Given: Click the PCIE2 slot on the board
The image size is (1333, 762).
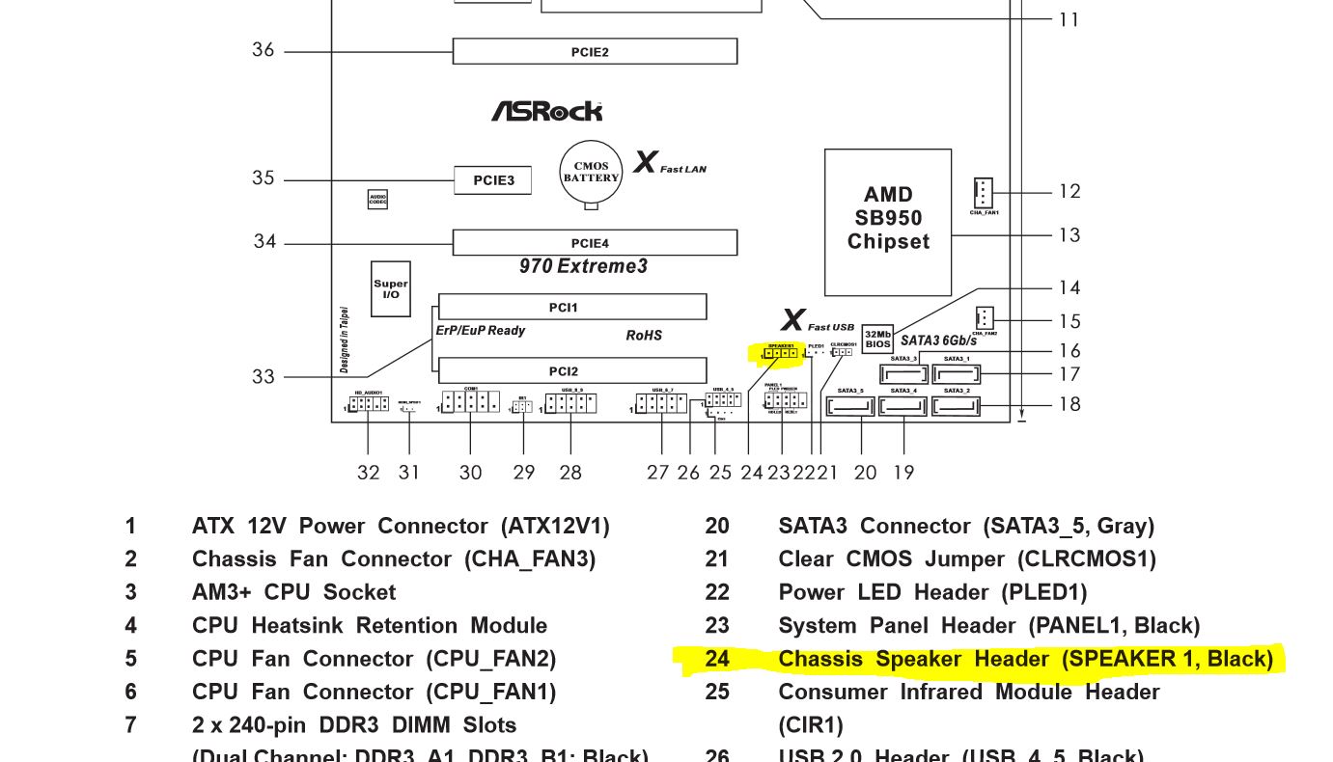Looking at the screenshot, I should (595, 51).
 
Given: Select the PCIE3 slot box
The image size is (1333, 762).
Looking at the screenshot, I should (492, 180).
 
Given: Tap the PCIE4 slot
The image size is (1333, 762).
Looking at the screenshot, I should (595, 243).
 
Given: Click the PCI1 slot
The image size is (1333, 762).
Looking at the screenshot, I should (571, 308).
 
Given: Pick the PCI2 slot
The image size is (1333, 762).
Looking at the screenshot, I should (571, 371).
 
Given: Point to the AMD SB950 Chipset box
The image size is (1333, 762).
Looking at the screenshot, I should (887, 222).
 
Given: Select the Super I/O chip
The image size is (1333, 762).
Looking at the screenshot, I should (391, 288).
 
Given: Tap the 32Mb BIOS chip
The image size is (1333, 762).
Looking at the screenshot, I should (877, 339).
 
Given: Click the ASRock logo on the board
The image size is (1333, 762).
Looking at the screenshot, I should (546, 112).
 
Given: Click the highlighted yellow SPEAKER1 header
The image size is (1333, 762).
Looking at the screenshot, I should (780, 353).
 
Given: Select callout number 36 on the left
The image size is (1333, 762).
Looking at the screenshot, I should (264, 50).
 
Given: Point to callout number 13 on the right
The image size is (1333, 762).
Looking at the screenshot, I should (1069, 235).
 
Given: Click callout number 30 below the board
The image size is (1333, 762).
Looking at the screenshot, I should (470, 473).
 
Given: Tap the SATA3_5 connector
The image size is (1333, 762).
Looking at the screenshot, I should (850, 406).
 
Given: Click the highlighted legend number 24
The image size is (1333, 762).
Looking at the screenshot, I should (717, 659).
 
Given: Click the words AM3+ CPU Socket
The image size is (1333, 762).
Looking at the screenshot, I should (293, 592).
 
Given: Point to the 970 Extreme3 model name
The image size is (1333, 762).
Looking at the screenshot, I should (583, 266).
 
